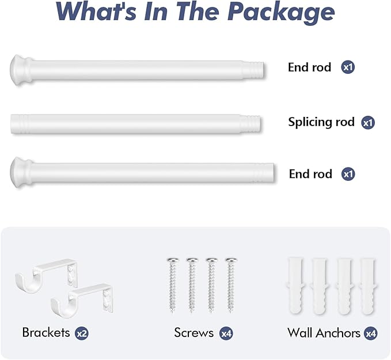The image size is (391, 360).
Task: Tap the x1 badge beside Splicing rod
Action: [368, 123]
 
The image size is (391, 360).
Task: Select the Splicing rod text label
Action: [321, 122]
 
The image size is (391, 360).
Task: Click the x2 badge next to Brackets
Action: [82, 334]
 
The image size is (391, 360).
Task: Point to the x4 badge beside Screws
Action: [226, 334]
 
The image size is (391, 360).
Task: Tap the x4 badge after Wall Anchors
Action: [370, 334]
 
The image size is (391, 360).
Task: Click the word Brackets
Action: [46, 332]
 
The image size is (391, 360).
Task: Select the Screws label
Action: [193, 332]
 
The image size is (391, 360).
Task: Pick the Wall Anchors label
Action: [324, 333]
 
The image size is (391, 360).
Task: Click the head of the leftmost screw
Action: [173, 260]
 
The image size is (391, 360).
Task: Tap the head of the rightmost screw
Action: [231, 260]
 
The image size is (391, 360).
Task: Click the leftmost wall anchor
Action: [296, 286]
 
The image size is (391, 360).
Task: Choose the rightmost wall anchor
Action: [368, 286]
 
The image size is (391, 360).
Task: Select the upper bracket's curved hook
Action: [28, 282]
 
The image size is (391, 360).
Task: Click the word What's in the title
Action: [97, 11]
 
